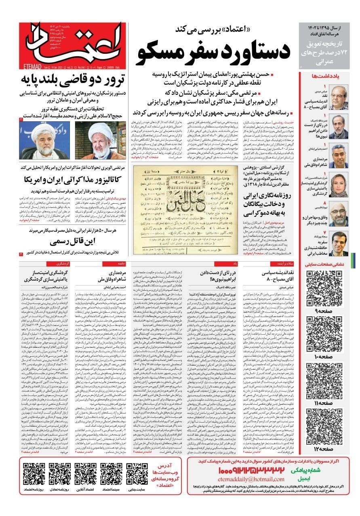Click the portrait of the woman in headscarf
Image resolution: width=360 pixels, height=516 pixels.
click(338, 182)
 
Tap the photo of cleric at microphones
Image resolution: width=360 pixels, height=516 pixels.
click(44, 140)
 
